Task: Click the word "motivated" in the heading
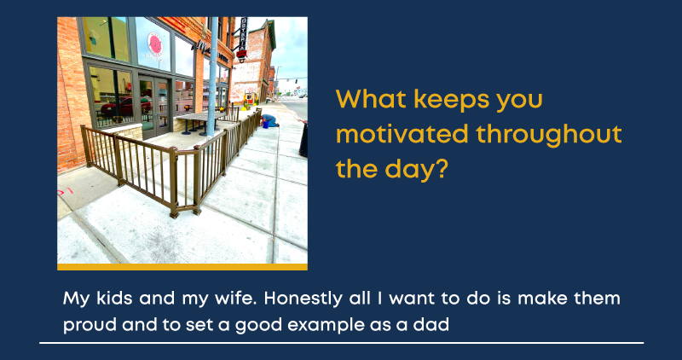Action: coord(402,134)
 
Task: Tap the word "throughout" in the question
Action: coord(549,136)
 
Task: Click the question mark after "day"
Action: coord(442,169)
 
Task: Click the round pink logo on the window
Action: coord(155,44)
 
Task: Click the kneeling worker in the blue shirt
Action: coord(269,120)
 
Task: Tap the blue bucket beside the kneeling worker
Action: coord(265,125)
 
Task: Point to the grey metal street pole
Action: coord(212,77)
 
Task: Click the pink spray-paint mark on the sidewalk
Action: coord(65,191)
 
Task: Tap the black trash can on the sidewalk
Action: coord(303,140)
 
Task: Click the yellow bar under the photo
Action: coord(182,267)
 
